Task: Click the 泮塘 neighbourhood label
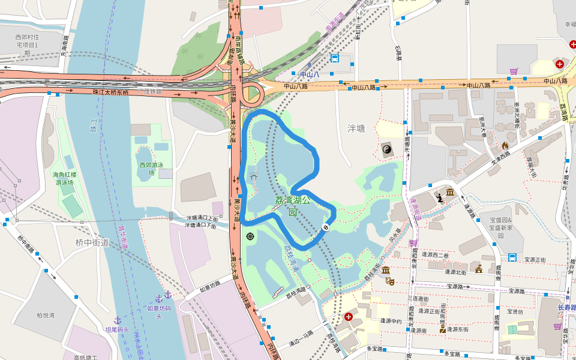356,128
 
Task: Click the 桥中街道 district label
92,242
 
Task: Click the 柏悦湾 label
45,315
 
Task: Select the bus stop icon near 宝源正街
512,257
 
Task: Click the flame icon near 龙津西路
505,146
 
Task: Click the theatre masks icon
390,280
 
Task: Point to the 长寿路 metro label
566,308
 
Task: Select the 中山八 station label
310,75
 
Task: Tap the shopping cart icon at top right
514,71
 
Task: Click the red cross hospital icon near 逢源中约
348,316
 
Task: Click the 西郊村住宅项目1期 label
26,45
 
